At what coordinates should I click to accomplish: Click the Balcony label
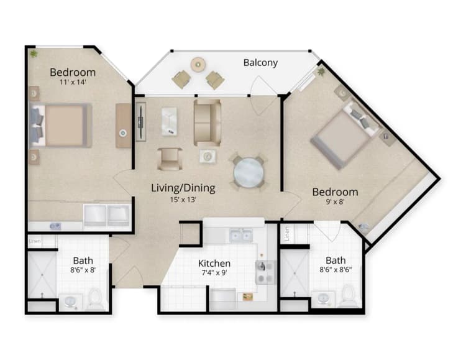click(x=260, y=63)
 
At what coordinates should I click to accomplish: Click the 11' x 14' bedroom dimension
click(x=73, y=83)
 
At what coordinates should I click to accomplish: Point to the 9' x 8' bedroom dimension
click(x=334, y=203)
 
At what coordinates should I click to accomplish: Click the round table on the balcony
click(x=198, y=63)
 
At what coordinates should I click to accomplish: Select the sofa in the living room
click(x=207, y=122)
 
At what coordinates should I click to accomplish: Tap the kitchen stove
click(x=264, y=272)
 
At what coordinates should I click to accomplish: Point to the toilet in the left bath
click(x=96, y=299)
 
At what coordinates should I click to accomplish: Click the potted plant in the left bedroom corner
click(x=33, y=54)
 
